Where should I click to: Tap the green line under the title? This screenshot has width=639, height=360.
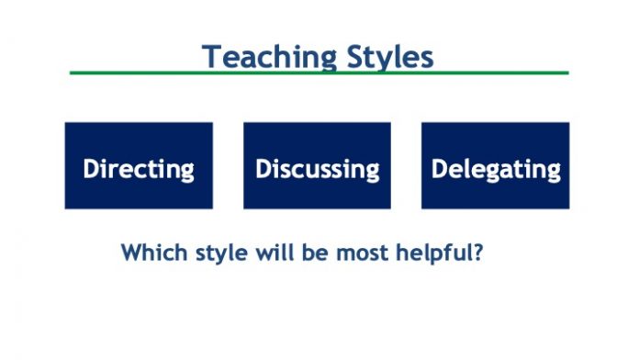tap(319, 73)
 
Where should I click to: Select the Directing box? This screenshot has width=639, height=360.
tap(139, 166)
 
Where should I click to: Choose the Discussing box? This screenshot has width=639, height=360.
tap(317, 166)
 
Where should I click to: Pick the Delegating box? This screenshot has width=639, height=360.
tap(496, 166)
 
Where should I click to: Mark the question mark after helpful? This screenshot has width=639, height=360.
tap(477, 251)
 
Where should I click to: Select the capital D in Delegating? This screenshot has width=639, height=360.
tap(439, 169)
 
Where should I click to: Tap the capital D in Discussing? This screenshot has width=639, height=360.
tap(263, 169)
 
